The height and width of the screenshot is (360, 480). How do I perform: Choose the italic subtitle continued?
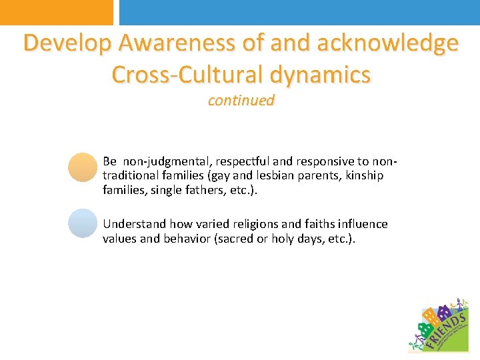pos(241,101)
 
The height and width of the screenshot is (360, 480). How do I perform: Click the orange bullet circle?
pos(83,167)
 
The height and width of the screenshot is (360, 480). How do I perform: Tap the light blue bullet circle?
pos(83,223)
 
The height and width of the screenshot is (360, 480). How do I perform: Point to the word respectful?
pos(234,161)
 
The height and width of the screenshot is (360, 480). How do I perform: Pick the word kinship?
pos(363,176)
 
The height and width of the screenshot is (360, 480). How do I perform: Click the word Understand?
pos(134,224)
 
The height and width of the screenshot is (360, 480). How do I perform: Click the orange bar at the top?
pos(57,12)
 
